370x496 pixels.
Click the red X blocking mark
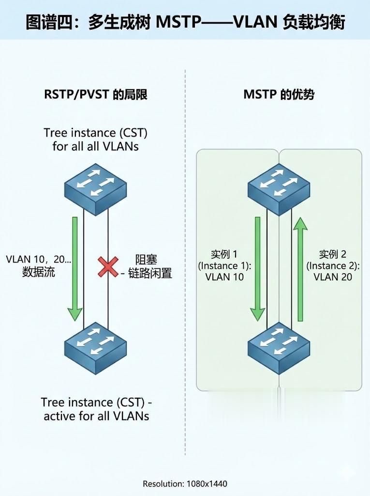click(x=108, y=266)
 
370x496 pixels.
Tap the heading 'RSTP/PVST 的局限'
click(x=96, y=94)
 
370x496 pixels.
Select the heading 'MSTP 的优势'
click(x=279, y=94)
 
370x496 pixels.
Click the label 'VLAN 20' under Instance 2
click(x=333, y=277)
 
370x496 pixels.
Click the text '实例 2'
click(x=333, y=254)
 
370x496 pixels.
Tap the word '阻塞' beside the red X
click(x=147, y=261)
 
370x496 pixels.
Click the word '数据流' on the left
click(x=39, y=272)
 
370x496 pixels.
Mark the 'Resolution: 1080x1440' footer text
click(x=185, y=483)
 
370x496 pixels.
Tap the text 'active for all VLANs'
click(x=96, y=416)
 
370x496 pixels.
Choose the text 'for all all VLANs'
click(x=95, y=146)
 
